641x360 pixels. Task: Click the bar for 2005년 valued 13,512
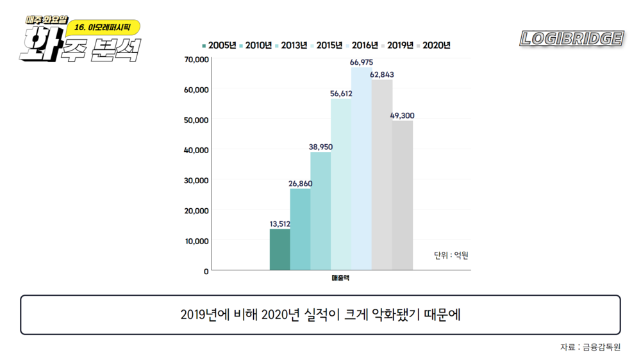(279, 250)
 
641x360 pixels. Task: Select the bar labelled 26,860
(300, 229)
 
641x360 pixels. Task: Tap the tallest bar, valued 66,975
(362, 169)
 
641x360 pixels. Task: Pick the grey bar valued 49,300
(403, 195)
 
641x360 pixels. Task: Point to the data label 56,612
(341, 94)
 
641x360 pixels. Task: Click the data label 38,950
(320, 147)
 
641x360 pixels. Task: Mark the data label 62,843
(382, 75)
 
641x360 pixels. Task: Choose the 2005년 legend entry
(219, 45)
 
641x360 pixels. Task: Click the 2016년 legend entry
(363, 45)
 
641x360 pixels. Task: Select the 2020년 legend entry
(435, 45)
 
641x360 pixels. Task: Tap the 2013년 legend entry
(291, 45)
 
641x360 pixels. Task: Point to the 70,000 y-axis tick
(196, 60)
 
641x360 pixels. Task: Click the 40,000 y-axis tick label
(196, 150)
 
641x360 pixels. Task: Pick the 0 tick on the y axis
(206, 271)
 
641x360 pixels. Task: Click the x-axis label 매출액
(340, 278)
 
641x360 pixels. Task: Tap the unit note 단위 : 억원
(451, 256)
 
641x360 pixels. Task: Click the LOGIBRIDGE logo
(572, 38)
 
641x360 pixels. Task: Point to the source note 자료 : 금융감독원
(590, 347)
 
